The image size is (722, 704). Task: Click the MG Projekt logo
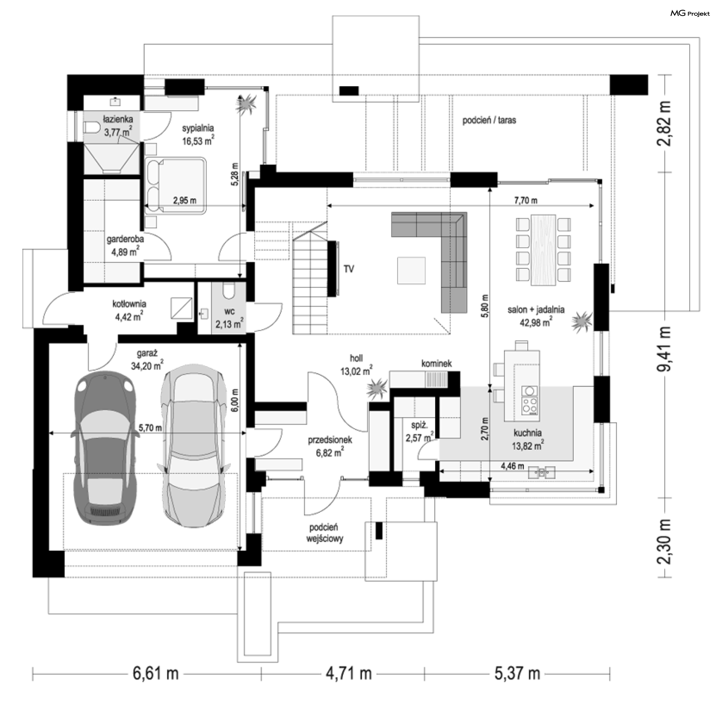coord(690,14)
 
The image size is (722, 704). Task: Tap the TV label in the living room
coord(349,269)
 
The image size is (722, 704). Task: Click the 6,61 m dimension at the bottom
coord(156,673)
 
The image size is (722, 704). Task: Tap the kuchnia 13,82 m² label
coord(528,439)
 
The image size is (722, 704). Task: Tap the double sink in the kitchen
coord(541,472)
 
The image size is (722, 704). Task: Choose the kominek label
coord(436,364)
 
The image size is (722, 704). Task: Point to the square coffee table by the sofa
coord(411,270)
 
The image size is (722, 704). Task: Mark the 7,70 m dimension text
coord(526,200)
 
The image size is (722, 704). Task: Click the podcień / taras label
coord(489,120)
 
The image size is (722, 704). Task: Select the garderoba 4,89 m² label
coord(125,245)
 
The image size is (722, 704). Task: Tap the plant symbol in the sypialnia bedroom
coord(246,104)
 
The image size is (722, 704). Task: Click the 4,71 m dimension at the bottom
coord(349,673)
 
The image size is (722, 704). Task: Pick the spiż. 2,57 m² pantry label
coord(419,432)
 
